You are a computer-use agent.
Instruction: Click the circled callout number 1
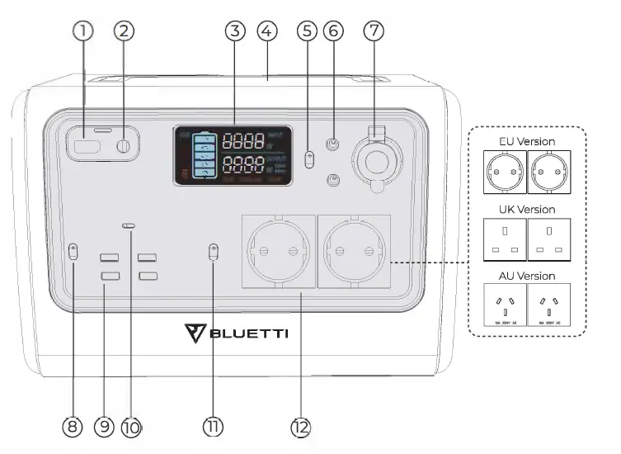(82, 31)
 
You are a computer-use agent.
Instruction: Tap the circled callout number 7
(374, 31)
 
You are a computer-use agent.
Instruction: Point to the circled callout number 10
(132, 427)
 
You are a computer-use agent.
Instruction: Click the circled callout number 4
(266, 31)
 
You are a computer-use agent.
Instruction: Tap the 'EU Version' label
(527, 141)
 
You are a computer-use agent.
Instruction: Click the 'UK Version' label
(527, 210)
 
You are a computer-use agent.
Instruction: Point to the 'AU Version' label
(527, 276)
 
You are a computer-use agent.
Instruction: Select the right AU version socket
(548, 305)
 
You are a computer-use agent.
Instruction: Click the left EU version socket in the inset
(502, 170)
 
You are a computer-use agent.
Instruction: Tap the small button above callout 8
(73, 253)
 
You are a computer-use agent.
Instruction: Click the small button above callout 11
(214, 253)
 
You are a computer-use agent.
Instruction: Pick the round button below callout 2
(124, 147)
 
